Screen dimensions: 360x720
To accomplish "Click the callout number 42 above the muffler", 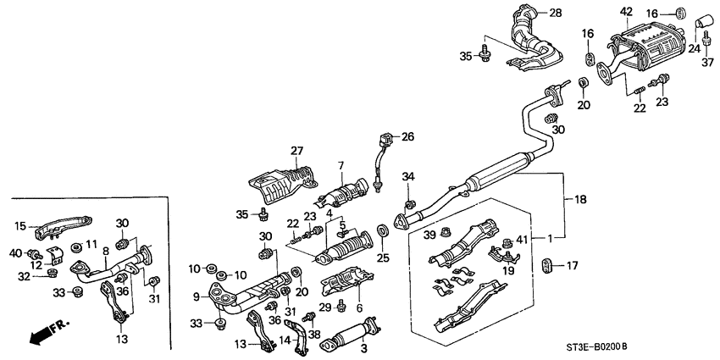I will (626, 11).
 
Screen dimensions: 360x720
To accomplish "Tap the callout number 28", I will (556, 13).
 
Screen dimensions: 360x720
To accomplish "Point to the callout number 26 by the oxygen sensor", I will (407, 136).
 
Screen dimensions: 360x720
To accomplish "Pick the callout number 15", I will (20, 224).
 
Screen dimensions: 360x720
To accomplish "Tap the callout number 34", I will (408, 176).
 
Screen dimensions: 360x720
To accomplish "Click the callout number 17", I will (573, 265).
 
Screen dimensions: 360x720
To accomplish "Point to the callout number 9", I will (195, 296).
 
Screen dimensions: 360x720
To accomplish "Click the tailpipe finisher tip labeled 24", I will (703, 20).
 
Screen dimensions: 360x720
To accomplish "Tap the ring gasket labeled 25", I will (382, 230).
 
